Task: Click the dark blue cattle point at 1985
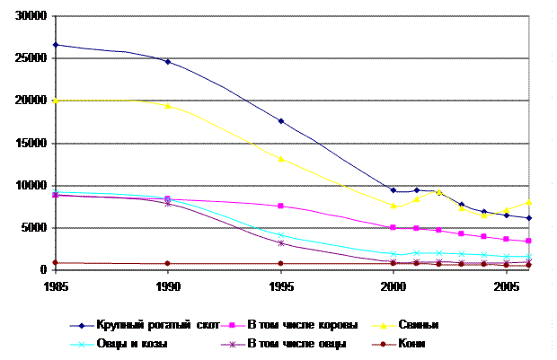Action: (56, 44)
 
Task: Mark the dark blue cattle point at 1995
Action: (281, 121)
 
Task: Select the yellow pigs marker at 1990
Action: (168, 105)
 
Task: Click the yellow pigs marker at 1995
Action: (281, 159)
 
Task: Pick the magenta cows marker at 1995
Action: (281, 206)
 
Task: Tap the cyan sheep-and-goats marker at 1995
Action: (281, 235)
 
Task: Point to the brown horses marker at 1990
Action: (168, 263)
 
